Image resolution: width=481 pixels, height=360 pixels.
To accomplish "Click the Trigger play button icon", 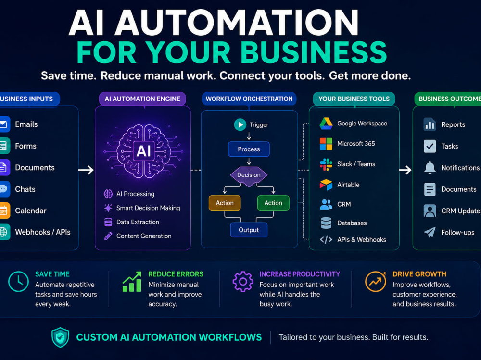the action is pyautogui.click(x=240, y=124).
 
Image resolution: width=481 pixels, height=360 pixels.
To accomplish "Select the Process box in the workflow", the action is pyautogui.click(x=249, y=149).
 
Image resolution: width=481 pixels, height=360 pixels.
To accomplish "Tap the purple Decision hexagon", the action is pyautogui.click(x=249, y=175).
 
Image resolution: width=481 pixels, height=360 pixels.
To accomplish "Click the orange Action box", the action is pyautogui.click(x=225, y=203).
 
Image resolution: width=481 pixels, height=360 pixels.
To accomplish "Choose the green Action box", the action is pyautogui.click(x=273, y=203).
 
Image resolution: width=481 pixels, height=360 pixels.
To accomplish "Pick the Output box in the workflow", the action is pyautogui.click(x=249, y=230).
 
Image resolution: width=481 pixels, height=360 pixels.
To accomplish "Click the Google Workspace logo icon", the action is pyautogui.click(x=326, y=124).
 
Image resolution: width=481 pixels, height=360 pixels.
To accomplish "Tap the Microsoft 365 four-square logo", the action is pyautogui.click(x=326, y=144).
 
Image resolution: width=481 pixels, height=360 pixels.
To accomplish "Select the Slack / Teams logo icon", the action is pyautogui.click(x=326, y=164).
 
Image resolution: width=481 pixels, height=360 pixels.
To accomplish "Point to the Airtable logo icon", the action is pyautogui.click(x=326, y=185).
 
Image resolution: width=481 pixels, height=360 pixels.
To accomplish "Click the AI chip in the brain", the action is pyautogui.click(x=143, y=151).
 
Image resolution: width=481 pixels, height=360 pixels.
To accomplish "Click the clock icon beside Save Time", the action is pyautogui.click(x=18, y=282).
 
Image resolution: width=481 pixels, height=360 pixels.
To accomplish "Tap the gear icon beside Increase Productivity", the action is pyautogui.click(x=243, y=282).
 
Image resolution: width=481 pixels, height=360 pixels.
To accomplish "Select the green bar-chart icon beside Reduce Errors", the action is pyautogui.click(x=132, y=282).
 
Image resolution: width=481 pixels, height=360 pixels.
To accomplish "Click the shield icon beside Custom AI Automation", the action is pyautogui.click(x=61, y=337).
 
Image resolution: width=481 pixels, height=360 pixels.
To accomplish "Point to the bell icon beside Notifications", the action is pyautogui.click(x=430, y=168).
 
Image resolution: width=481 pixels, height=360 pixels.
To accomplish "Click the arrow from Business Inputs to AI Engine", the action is pyautogui.click(x=86, y=170).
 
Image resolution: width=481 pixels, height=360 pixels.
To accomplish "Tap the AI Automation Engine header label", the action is pyautogui.click(x=142, y=99).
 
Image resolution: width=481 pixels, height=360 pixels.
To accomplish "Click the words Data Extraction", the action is pyautogui.click(x=138, y=222).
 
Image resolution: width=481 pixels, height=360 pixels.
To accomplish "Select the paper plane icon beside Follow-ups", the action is pyautogui.click(x=430, y=232).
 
